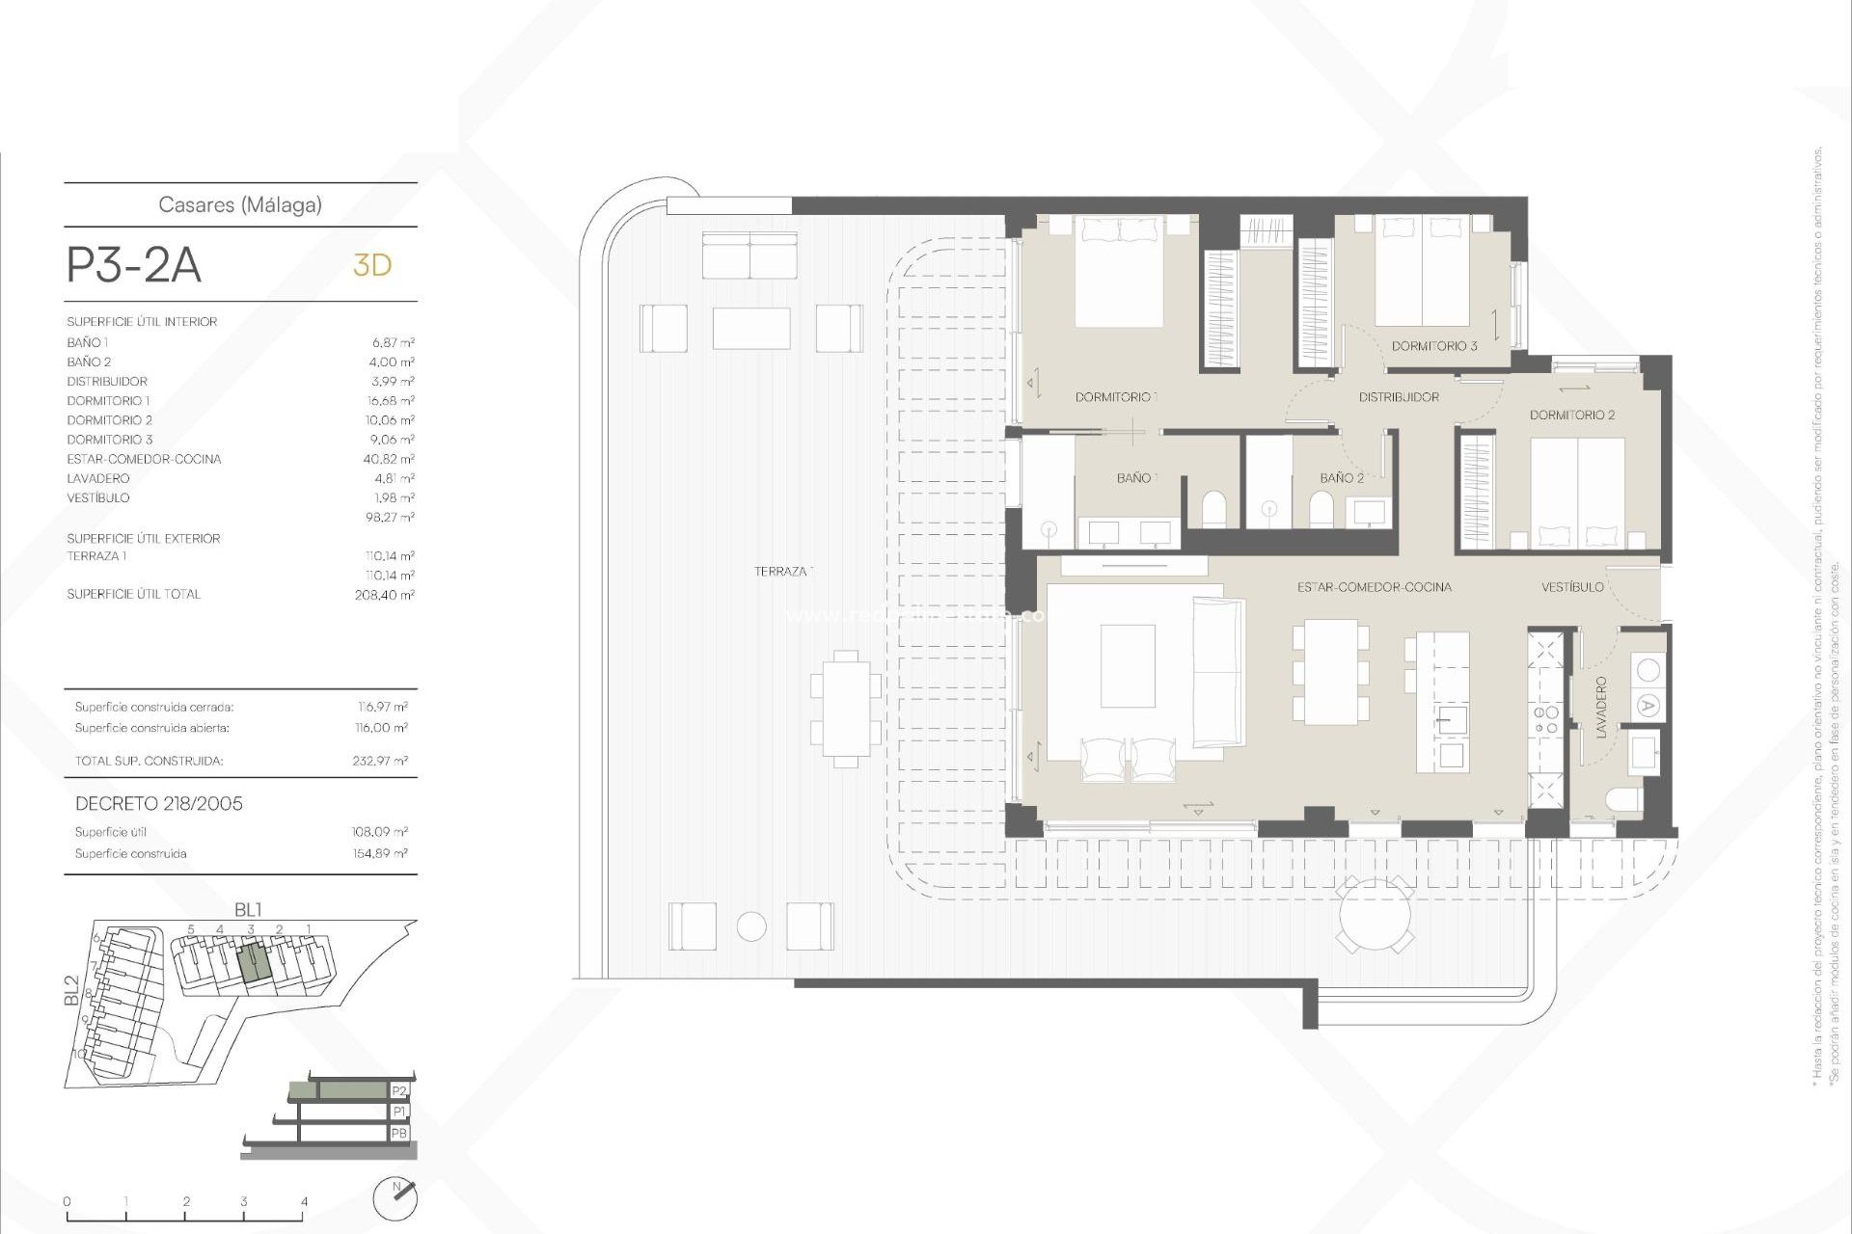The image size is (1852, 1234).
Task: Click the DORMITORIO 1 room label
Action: pos(1115,397)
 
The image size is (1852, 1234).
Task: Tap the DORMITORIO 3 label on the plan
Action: pos(1433,346)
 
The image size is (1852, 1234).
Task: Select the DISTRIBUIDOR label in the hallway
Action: pos(1399,397)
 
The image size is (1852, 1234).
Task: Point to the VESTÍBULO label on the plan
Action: pos(1572,587)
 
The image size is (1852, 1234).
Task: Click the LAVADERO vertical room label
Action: pos(1601,708)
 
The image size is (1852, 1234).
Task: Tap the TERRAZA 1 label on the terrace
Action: pos(783,572)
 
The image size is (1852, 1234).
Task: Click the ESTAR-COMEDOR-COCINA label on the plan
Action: pos(1374,587)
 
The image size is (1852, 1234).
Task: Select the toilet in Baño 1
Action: pos(1213,509)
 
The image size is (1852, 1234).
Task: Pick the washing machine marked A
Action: pos(1648,707)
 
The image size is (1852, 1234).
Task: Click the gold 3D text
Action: pos(372,265)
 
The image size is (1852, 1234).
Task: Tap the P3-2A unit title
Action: pos(134,265)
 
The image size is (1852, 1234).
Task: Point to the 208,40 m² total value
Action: pos(384,595)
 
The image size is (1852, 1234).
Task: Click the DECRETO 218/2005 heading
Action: pos(159,804)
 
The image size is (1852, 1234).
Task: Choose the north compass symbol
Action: pos(395,1199)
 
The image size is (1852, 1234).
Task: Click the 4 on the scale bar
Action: pos(305,1202)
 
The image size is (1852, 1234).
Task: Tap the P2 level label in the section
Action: pos(399,1091)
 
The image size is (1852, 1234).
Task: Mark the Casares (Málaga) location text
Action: pos(240,204)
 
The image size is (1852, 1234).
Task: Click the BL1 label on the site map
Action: pos(248,909)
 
